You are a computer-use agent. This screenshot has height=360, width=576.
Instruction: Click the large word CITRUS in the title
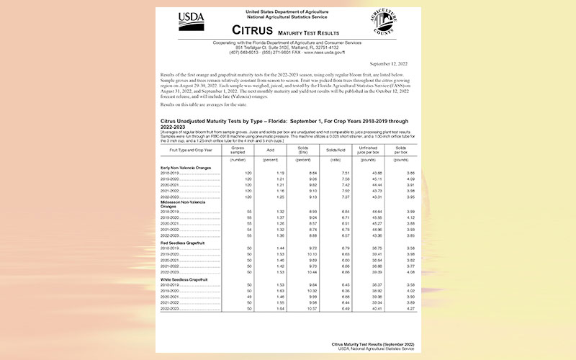coord(251,31)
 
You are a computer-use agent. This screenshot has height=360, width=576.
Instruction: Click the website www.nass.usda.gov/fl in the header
coord(330,53)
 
